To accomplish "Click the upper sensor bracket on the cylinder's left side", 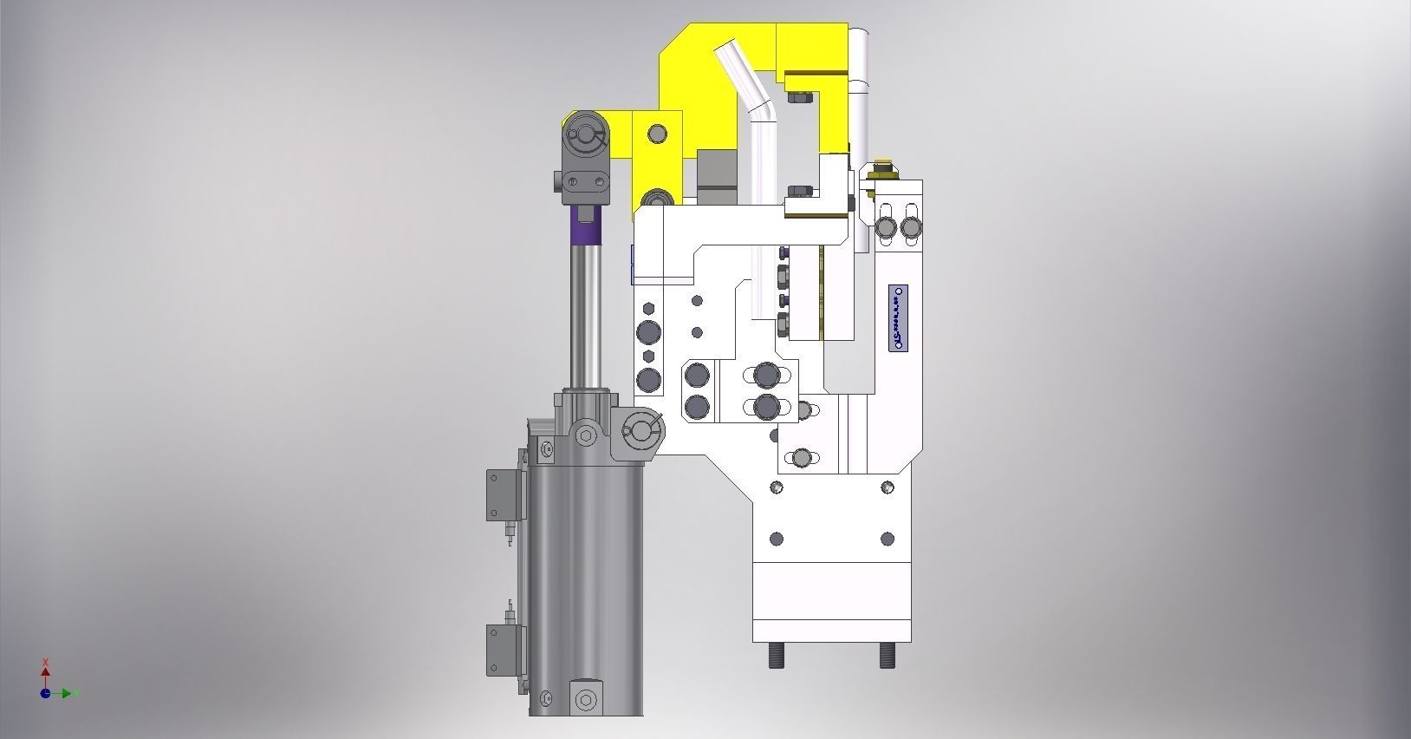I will click(x=500, y=494).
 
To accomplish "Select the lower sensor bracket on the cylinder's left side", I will click(x=500, y=649).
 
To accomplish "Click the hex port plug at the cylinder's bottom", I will click(x=587, y=700).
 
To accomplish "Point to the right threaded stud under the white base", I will click(x=888, y=654).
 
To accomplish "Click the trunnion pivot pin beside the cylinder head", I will click(x=640, y=428).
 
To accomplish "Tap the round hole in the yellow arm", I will click(x=658, y=133).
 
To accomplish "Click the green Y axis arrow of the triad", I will click(x=68, y=693).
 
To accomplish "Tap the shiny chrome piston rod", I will click(x=586, y=312).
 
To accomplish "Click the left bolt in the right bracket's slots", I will click(x=886, y=227).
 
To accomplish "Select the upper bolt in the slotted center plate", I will click(x=766, y=375).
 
